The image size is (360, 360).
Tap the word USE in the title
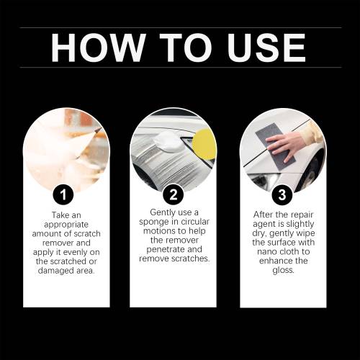[x=266, y=48]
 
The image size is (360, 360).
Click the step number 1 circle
[x=63, y=194]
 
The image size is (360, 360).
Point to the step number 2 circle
[x=174, y=194]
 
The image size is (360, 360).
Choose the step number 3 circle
[x=282, y=194]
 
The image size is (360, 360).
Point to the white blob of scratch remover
[x=169, y=141]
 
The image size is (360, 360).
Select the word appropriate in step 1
[x=66, y=225]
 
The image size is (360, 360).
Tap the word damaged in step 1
[x=53, y=271]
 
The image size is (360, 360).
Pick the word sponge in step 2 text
[x=154, y=222]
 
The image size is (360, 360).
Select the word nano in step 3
[x=266, y=252]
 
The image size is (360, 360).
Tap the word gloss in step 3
[x=283, y=270]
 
